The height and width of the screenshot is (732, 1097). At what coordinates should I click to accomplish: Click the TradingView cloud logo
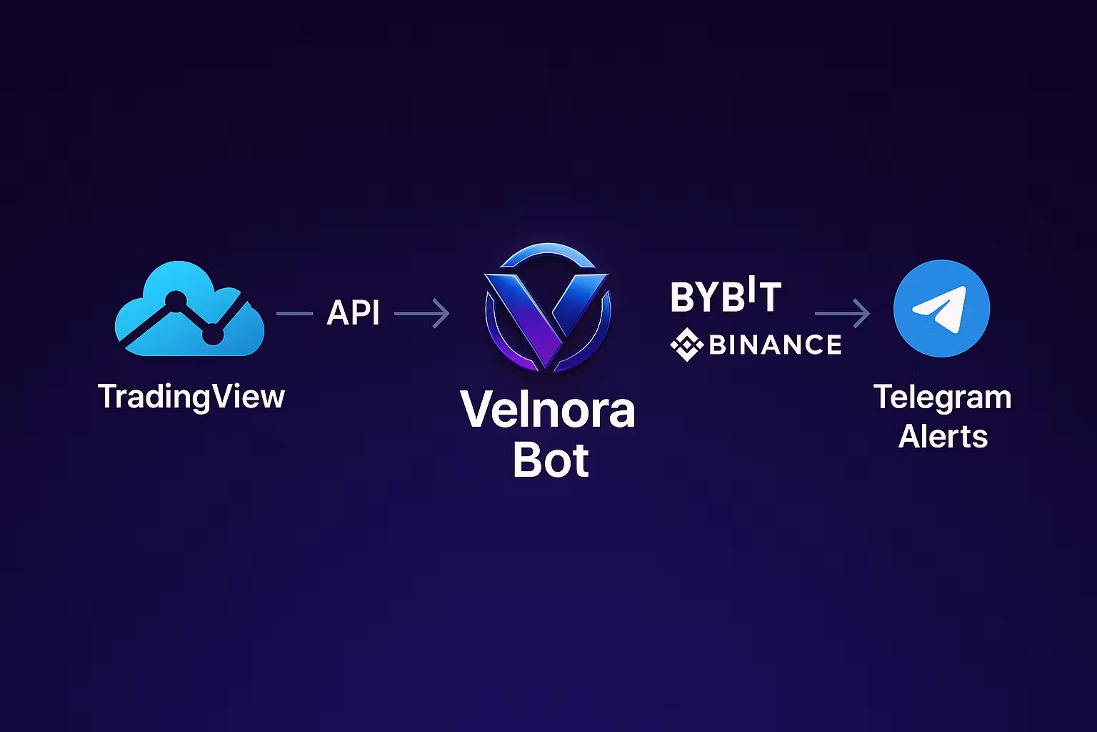coord(189,309)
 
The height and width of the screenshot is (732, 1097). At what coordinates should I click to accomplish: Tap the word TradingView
coord(191,397)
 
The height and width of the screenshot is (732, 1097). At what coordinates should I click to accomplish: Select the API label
coord(353,313)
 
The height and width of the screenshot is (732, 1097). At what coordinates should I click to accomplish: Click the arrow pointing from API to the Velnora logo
coord(421,313)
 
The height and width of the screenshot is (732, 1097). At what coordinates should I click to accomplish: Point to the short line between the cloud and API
coord(294,313)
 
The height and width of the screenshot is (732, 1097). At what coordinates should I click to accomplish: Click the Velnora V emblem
coord(548,307)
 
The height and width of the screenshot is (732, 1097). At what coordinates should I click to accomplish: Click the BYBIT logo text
coord(726,297)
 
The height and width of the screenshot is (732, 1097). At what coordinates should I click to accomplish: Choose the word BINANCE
coord(775,345)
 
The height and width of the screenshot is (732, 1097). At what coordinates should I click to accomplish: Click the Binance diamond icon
coord(686,345)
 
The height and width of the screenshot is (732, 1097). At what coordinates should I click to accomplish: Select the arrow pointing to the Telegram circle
coord(842,313)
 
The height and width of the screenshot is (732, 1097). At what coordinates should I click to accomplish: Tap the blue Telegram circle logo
coord(941,308)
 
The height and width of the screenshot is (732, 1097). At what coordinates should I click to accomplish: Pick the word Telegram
coord(942,398)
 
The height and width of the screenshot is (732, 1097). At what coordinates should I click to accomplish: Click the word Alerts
coord(943,436)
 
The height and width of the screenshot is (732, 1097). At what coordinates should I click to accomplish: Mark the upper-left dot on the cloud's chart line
coord(174,299)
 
